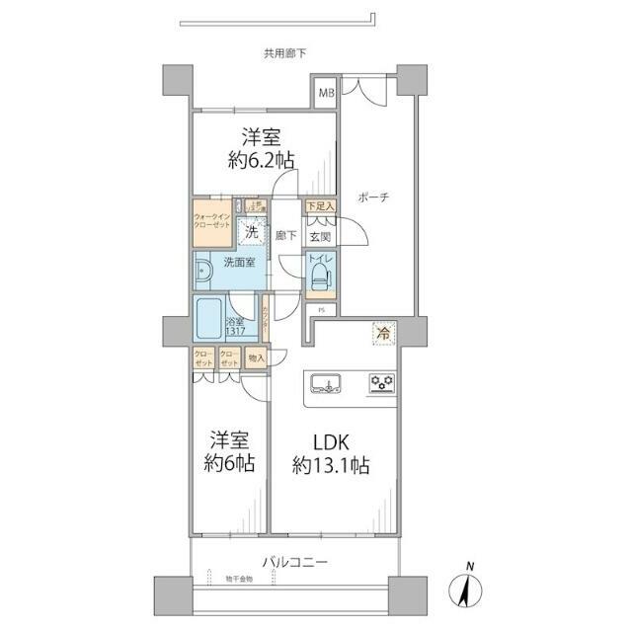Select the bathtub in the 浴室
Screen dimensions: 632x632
tap(209, 318)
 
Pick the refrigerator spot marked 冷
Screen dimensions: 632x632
tap(381, 335)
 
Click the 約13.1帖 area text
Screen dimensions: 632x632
tap(330, 466)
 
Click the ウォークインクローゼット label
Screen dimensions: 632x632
tap(212, 220)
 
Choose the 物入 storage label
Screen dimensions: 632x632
tap(255, 358)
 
